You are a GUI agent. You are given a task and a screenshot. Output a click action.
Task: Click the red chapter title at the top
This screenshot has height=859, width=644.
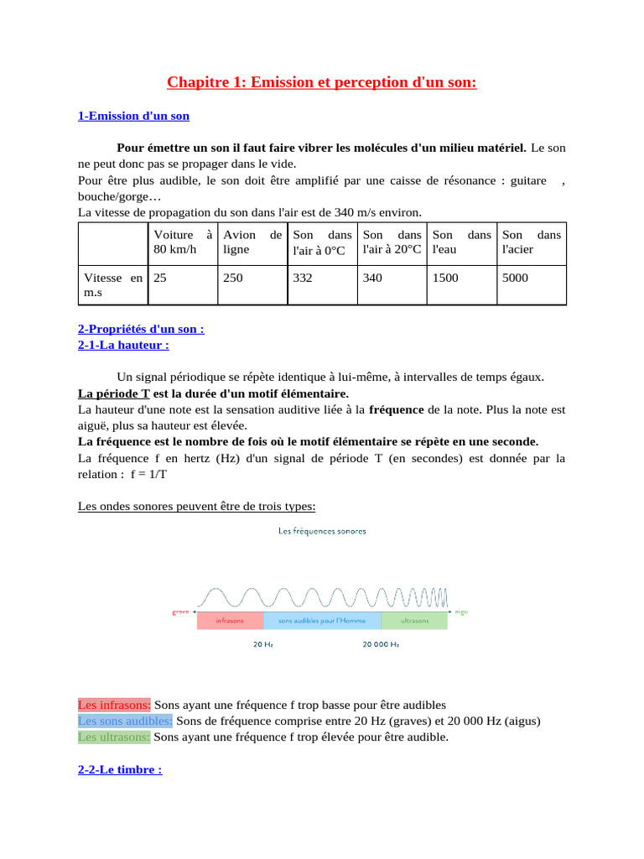(x=321, y=81)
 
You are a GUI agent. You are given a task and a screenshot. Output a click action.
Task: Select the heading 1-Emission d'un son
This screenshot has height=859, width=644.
(x=133, y=116)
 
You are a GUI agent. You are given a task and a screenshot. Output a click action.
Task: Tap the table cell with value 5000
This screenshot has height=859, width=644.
(x=515, y=278)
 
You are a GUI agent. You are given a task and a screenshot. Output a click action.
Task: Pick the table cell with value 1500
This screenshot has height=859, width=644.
(x=445, y=278)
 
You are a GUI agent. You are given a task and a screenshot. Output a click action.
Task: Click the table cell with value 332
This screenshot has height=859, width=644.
(x=302, y=278)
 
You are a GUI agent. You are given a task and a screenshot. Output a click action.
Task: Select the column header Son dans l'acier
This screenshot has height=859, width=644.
(x=531, y=242)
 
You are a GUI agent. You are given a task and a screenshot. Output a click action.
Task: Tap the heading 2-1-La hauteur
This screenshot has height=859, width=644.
(x=123, y=344)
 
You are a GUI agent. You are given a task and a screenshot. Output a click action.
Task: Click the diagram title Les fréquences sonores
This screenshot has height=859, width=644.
(x=322, y=531)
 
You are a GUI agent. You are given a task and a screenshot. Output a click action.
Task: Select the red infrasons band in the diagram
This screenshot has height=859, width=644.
(x=230, y=621)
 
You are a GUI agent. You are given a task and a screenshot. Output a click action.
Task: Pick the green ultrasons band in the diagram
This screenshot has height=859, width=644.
(x=414, y=621)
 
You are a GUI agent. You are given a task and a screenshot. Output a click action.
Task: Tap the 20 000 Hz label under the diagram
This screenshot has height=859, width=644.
(x=381, y=644)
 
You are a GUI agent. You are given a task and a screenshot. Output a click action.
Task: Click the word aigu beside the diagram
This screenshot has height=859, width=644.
(x=461, y=612)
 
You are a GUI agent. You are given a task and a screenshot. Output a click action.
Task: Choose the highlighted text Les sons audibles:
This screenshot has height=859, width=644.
(x=126, y=721)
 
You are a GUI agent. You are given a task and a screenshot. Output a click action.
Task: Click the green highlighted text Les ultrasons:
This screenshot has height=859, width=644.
(x=114, y=737)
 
